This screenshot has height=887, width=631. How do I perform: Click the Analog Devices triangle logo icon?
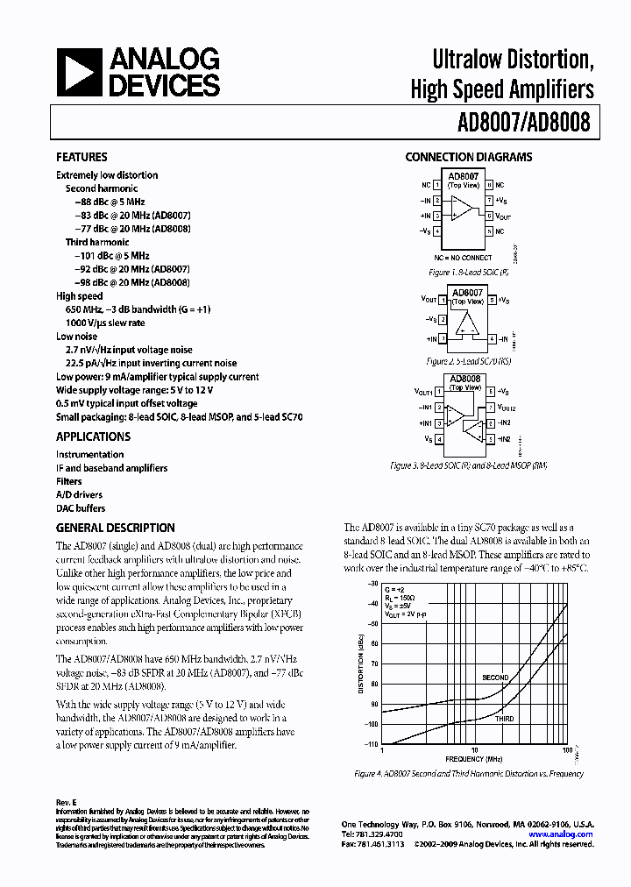click(x=79, y=72)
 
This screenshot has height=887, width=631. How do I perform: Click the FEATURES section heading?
click(x=82, y=158)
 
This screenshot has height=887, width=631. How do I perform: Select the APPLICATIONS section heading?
click(x=93, y=436)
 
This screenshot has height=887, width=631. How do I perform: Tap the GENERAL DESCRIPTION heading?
click(x=115, y=528)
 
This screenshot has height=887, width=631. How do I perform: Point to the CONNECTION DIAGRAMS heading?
click(x=468, y=158)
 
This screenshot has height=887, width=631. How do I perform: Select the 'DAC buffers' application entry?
click(x=81, y=508)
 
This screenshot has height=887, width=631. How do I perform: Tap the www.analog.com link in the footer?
click(x=562, y=834)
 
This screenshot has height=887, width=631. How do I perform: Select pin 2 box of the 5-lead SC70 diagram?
click(x=444, y=320)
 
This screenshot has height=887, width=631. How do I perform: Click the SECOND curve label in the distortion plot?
click(x=495, y=678)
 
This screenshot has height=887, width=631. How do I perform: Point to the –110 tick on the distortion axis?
click(x=372, y=744)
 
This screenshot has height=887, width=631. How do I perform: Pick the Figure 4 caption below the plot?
click(x=469, y=774)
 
